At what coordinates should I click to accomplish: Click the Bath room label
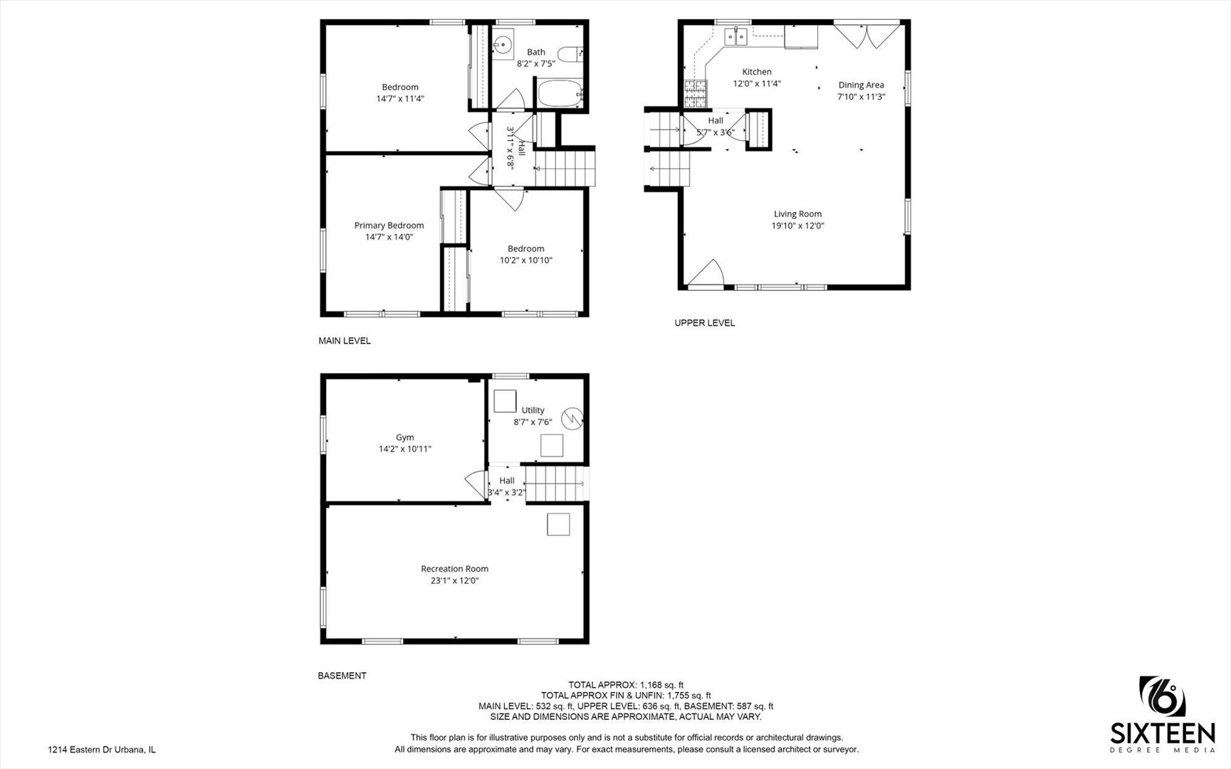coord(536,52)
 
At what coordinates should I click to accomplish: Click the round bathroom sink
coord(503,45)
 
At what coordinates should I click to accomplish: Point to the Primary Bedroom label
coord(389,226)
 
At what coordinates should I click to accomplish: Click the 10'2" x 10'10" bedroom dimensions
coord(526,261)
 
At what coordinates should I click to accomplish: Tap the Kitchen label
coord(757,72)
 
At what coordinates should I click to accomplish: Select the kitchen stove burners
coord(696,88)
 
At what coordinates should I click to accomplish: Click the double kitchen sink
coord(735,36)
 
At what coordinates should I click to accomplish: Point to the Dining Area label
coord(861,85)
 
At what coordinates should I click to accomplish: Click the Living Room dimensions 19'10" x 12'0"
coord(797,226)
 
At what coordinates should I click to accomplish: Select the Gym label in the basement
coord(404,438)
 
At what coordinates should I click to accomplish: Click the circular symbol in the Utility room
coord(572,418)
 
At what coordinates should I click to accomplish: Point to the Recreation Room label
coord(454,569)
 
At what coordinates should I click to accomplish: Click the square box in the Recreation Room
coord(558,524)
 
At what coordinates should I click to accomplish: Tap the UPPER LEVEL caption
coord(705,323)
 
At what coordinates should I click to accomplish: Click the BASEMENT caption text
coord(342,676)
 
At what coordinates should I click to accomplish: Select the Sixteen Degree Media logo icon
coord(1162,696)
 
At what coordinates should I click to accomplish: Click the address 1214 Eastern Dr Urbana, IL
coord(102,750)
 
